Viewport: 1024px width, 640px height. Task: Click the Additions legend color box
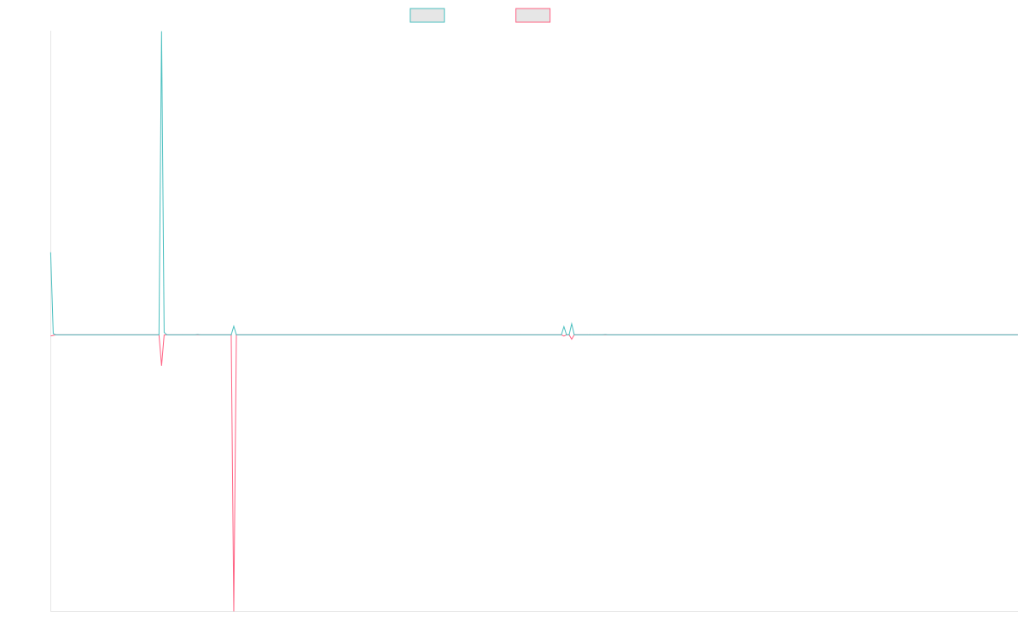coord(428,15)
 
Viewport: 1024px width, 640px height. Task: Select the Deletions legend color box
coord(532,15)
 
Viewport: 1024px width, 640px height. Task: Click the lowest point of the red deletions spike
coord(234,609)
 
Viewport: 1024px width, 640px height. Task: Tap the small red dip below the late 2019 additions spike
coord(161,364)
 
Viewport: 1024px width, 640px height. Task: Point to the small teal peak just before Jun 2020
coord(233,326)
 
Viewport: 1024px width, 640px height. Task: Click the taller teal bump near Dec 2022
coord(572,323)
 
